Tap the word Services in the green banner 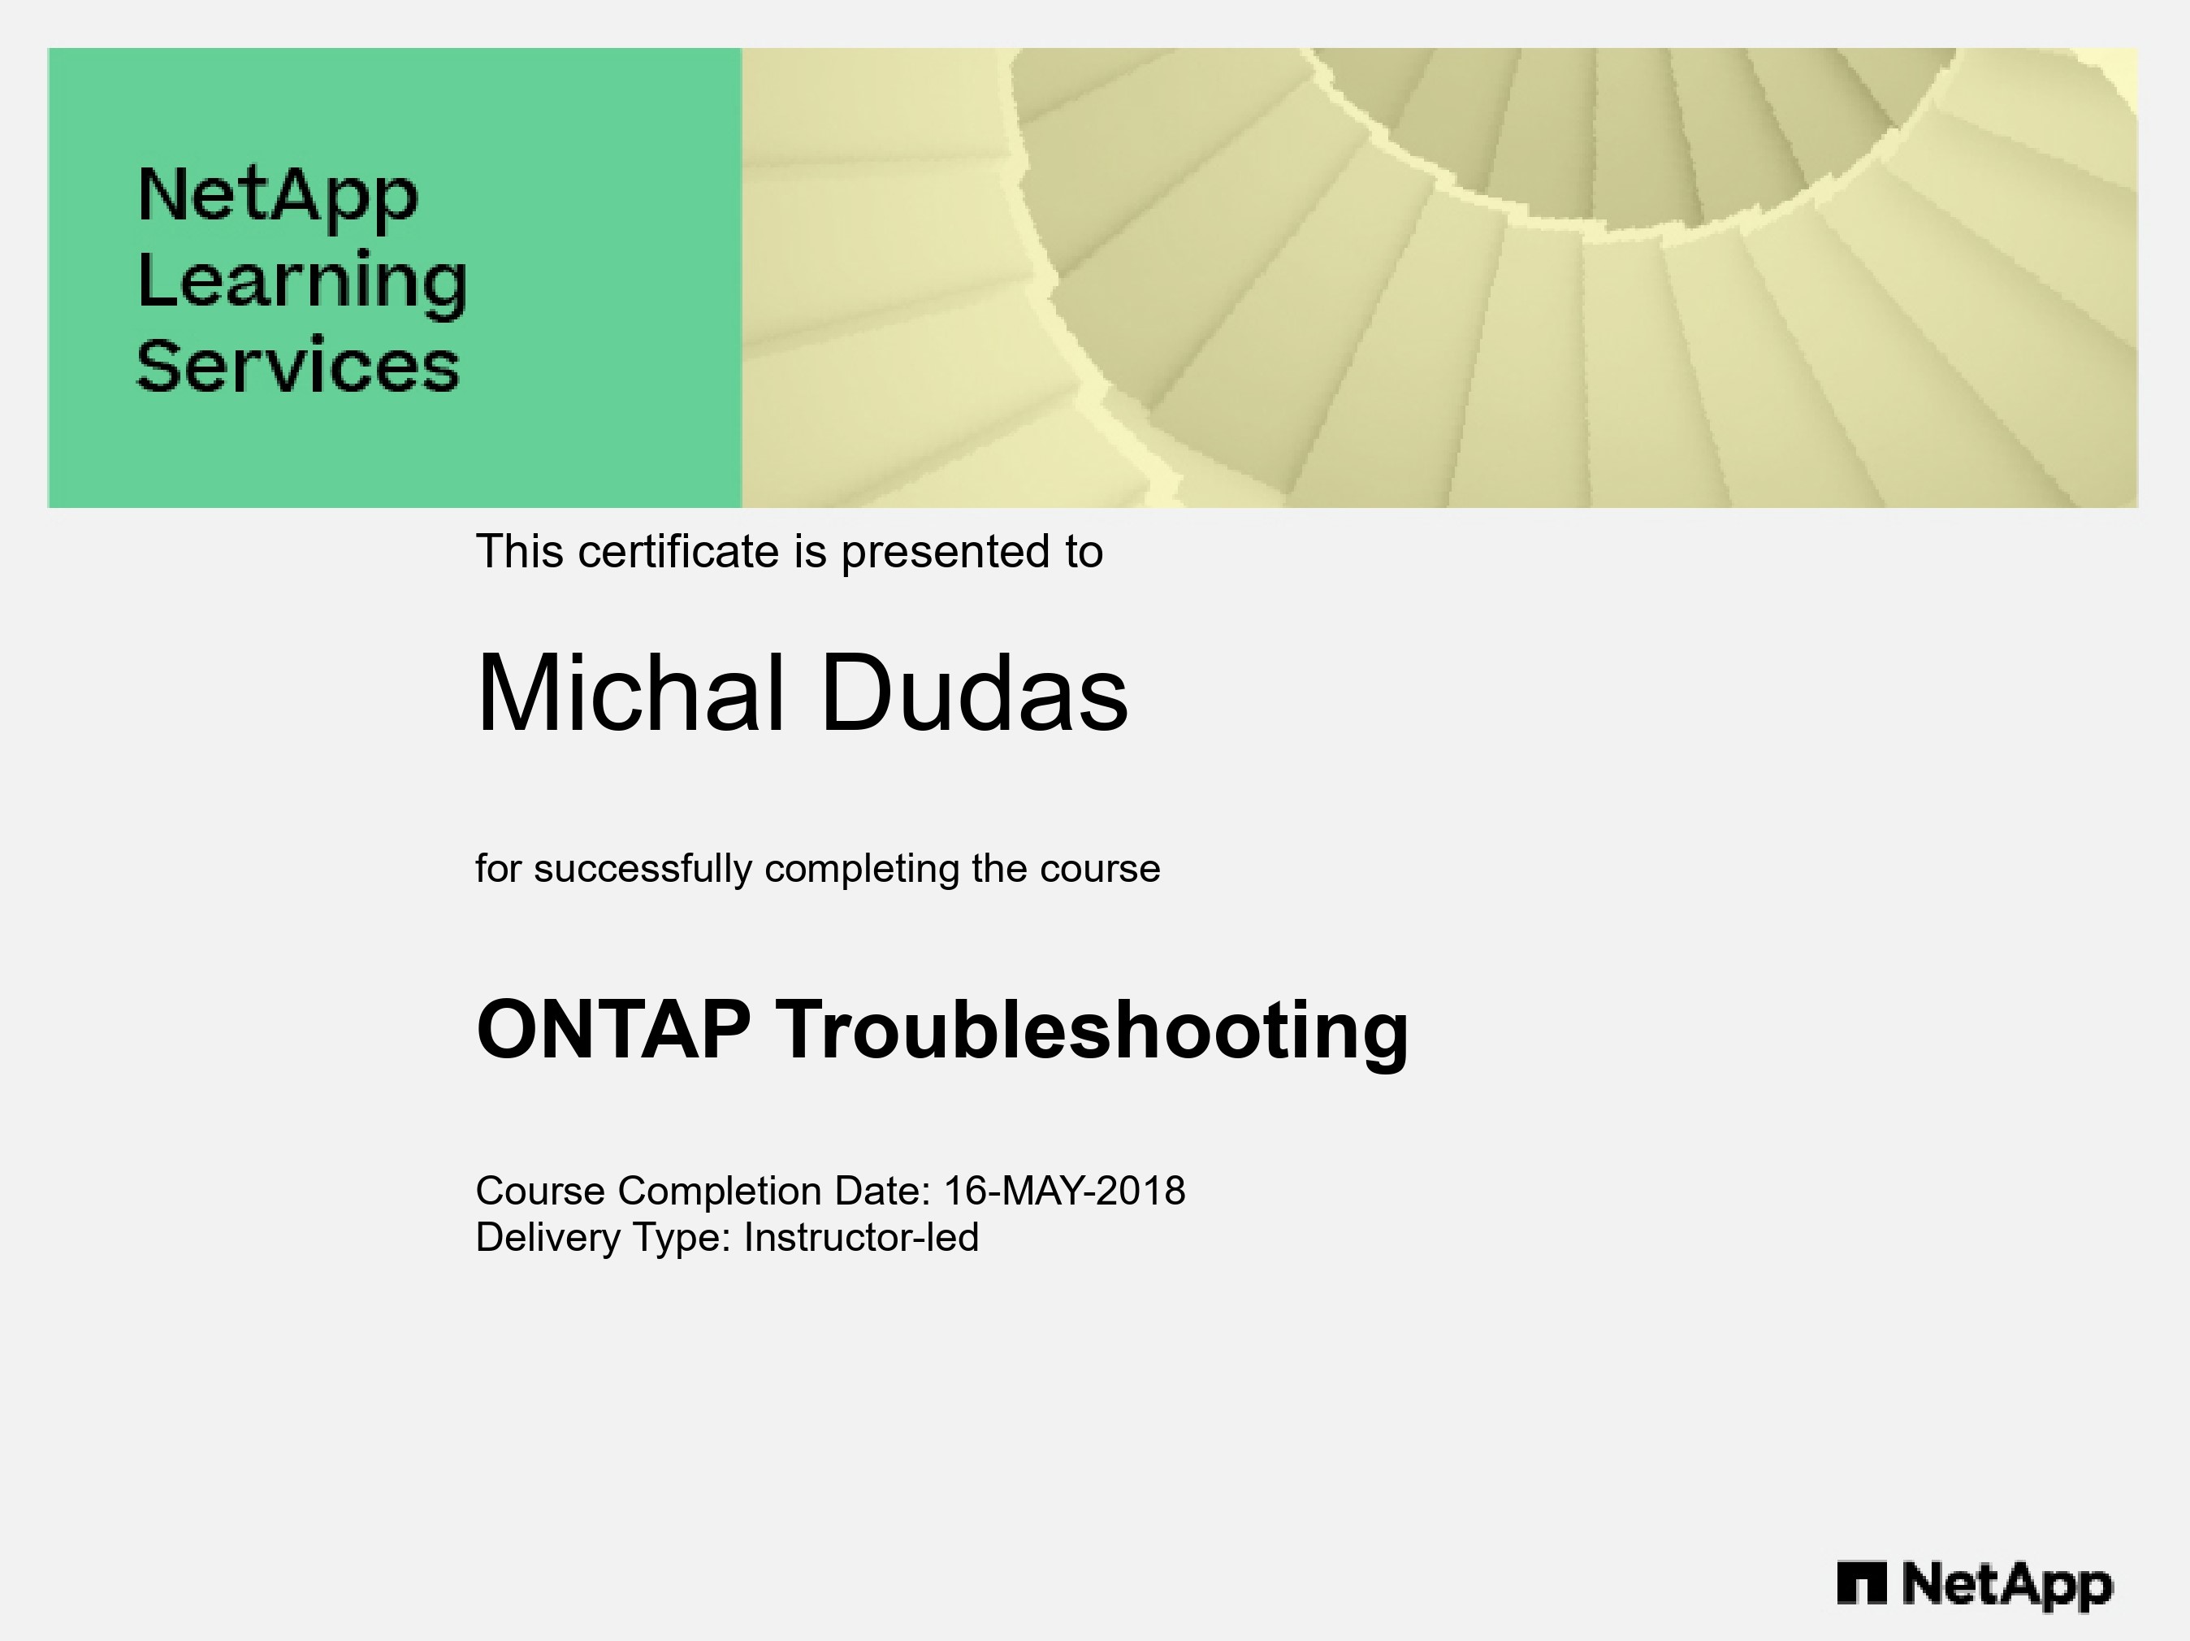298,366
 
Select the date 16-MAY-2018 1064,1191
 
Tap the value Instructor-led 861,1238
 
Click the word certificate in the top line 679,552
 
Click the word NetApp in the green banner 278,196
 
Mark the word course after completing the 1100,870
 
